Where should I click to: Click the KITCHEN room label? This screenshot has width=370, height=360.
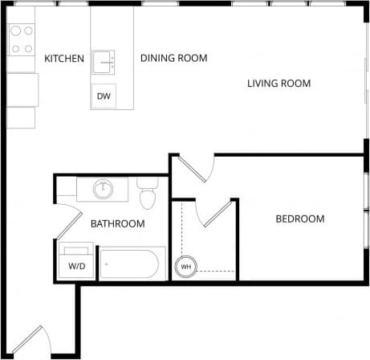64,59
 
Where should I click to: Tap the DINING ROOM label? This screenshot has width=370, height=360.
173,58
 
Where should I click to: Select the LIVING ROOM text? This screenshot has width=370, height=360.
279,84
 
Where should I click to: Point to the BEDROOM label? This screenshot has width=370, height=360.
299,219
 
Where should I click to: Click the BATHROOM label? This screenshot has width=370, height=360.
117,223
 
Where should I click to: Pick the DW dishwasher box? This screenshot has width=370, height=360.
104,96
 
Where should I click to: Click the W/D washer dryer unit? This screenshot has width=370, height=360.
77,261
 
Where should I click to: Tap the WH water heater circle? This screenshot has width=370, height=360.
185,266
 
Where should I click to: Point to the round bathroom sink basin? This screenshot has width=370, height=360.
102,190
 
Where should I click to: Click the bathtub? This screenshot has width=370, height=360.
132,264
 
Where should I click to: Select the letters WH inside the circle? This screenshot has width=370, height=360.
185,266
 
